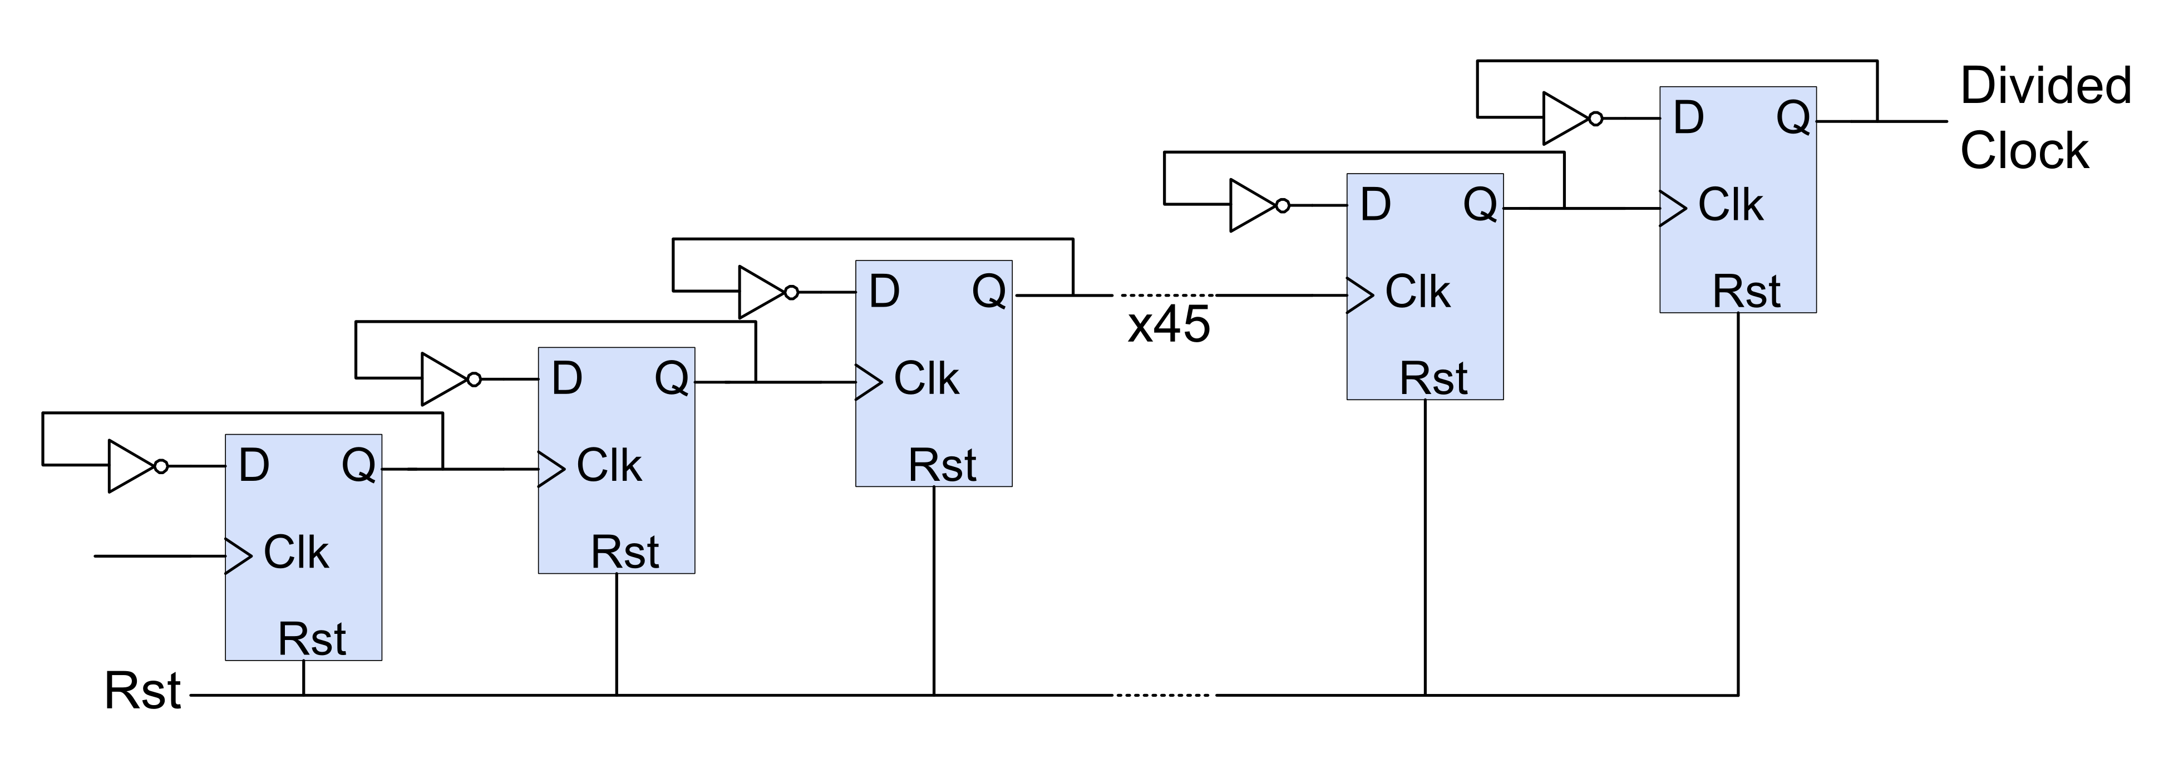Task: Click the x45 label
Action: point(1169,324)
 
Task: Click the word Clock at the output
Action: point(2024,151)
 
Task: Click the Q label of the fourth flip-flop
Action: point(1480,204)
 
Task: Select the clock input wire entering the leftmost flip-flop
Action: point(160,556)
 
